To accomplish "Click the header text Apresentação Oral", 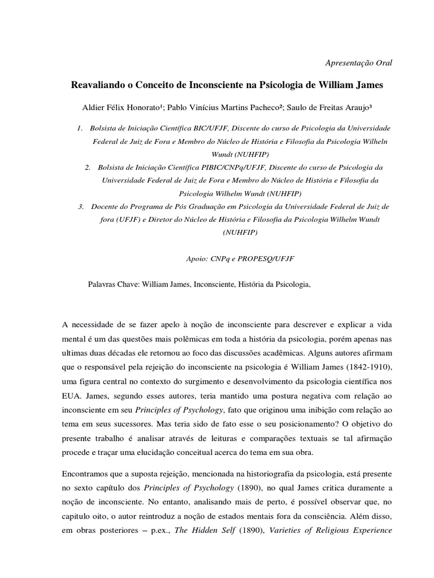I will pyautogui.click(x=359, y=63).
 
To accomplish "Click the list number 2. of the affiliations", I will pyautogui.click(x=88, y=168).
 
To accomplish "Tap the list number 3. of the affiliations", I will pyautogui.click(x=81, y=206).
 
